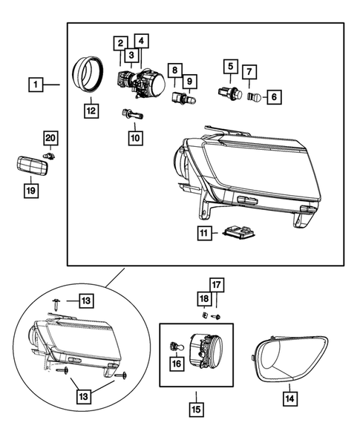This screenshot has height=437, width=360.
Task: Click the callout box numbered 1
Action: click(36, 85)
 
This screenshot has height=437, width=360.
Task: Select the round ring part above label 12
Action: click(91, 75)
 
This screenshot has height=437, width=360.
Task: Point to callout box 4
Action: click(140, 40)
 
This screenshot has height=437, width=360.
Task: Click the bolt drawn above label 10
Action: click(128, 114)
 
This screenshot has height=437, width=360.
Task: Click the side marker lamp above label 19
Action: click(31, 163)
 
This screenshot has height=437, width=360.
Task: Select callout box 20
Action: click(50, 138)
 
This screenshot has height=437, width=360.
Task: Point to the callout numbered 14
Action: click(290, 398)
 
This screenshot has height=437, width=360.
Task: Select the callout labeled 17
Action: click(216, 284)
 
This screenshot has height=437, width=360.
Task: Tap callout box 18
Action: click(202, 299)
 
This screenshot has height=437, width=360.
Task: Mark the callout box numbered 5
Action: click(231, 65)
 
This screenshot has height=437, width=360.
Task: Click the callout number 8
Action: click(174, 70)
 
